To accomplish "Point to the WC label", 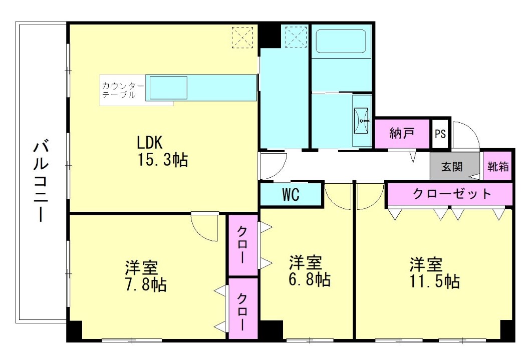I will pos(291,195).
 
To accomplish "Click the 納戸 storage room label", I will pos(402,134).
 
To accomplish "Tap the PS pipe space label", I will pos(440,134).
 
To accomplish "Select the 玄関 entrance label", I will pos(452,167).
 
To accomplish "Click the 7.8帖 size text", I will pos(146,284).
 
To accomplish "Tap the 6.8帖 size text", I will pos(310,279).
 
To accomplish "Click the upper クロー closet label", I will pos(242,244).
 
